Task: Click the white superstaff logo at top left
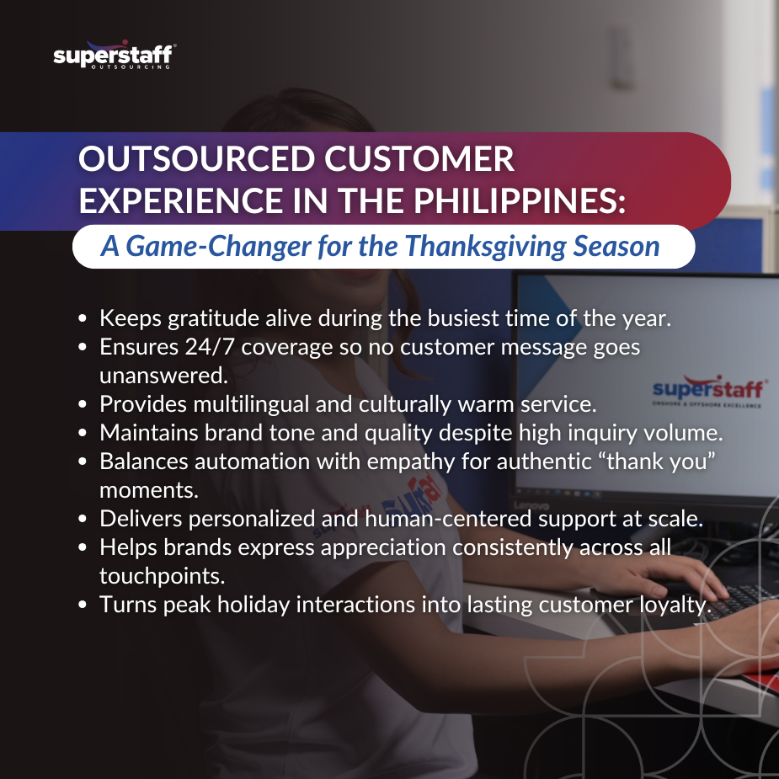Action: tap(115, 55)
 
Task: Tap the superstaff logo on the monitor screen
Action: tap(709, 391)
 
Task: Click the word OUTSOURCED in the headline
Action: tap(197, 159)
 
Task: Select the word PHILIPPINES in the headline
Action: tap(519, 200)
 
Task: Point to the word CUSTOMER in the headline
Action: tap(419, 159)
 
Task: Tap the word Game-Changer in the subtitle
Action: tap(219, 247)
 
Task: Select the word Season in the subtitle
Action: tap(616, 247)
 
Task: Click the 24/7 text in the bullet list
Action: tap(209, 347)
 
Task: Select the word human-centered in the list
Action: tap(449, 519)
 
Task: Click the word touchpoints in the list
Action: tap(162, 576)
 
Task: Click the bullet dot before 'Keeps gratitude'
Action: tap(83, 319)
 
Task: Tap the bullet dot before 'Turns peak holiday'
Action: tap(83, 606)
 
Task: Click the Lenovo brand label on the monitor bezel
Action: tap(531, 506)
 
